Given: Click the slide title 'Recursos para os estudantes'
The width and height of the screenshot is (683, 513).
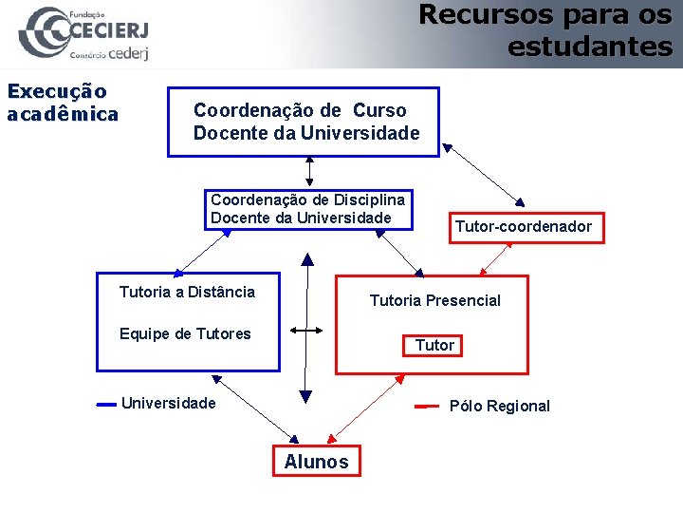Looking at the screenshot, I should pyautogui.click(x=545, y=30).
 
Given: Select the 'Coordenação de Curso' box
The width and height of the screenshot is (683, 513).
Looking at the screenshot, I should pyautogui.click(x=304, y=123).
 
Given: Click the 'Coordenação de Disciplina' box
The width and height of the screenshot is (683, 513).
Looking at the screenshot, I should pyautogui.click(x=309, y=209).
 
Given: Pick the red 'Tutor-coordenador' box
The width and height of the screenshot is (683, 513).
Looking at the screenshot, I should pyautogui.click(x=526, y=227).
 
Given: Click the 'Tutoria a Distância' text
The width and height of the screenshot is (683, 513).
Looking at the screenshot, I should pyautogui.click(x=187, y=292).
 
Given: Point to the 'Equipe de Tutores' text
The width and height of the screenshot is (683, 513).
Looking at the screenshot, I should pyautogui.click(x=185, y=333).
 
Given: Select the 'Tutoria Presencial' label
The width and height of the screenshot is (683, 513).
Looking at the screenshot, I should pyautogui.click(x=434, y=300).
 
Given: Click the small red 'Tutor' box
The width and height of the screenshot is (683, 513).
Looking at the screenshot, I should pyautogui.click(x=434, y=345).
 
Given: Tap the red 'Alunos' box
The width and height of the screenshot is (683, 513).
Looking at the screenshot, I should pyautogui.click(x=316, y=462).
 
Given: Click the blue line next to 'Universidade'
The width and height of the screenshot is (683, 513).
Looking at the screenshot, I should pyautogui.click(x=106, y=404).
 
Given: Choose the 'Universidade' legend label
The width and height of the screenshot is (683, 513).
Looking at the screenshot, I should pyautogui.click(x=168, y=403).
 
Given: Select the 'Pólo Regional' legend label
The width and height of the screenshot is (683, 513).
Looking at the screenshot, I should pyautogui.click(x=499, y=406).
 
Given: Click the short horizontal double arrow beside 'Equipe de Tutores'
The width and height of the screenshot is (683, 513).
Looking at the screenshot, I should pyautogui.click(x=306, y=331).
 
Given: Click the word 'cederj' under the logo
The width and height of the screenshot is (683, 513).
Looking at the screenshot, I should pyautogui.click(x=129, y=53).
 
